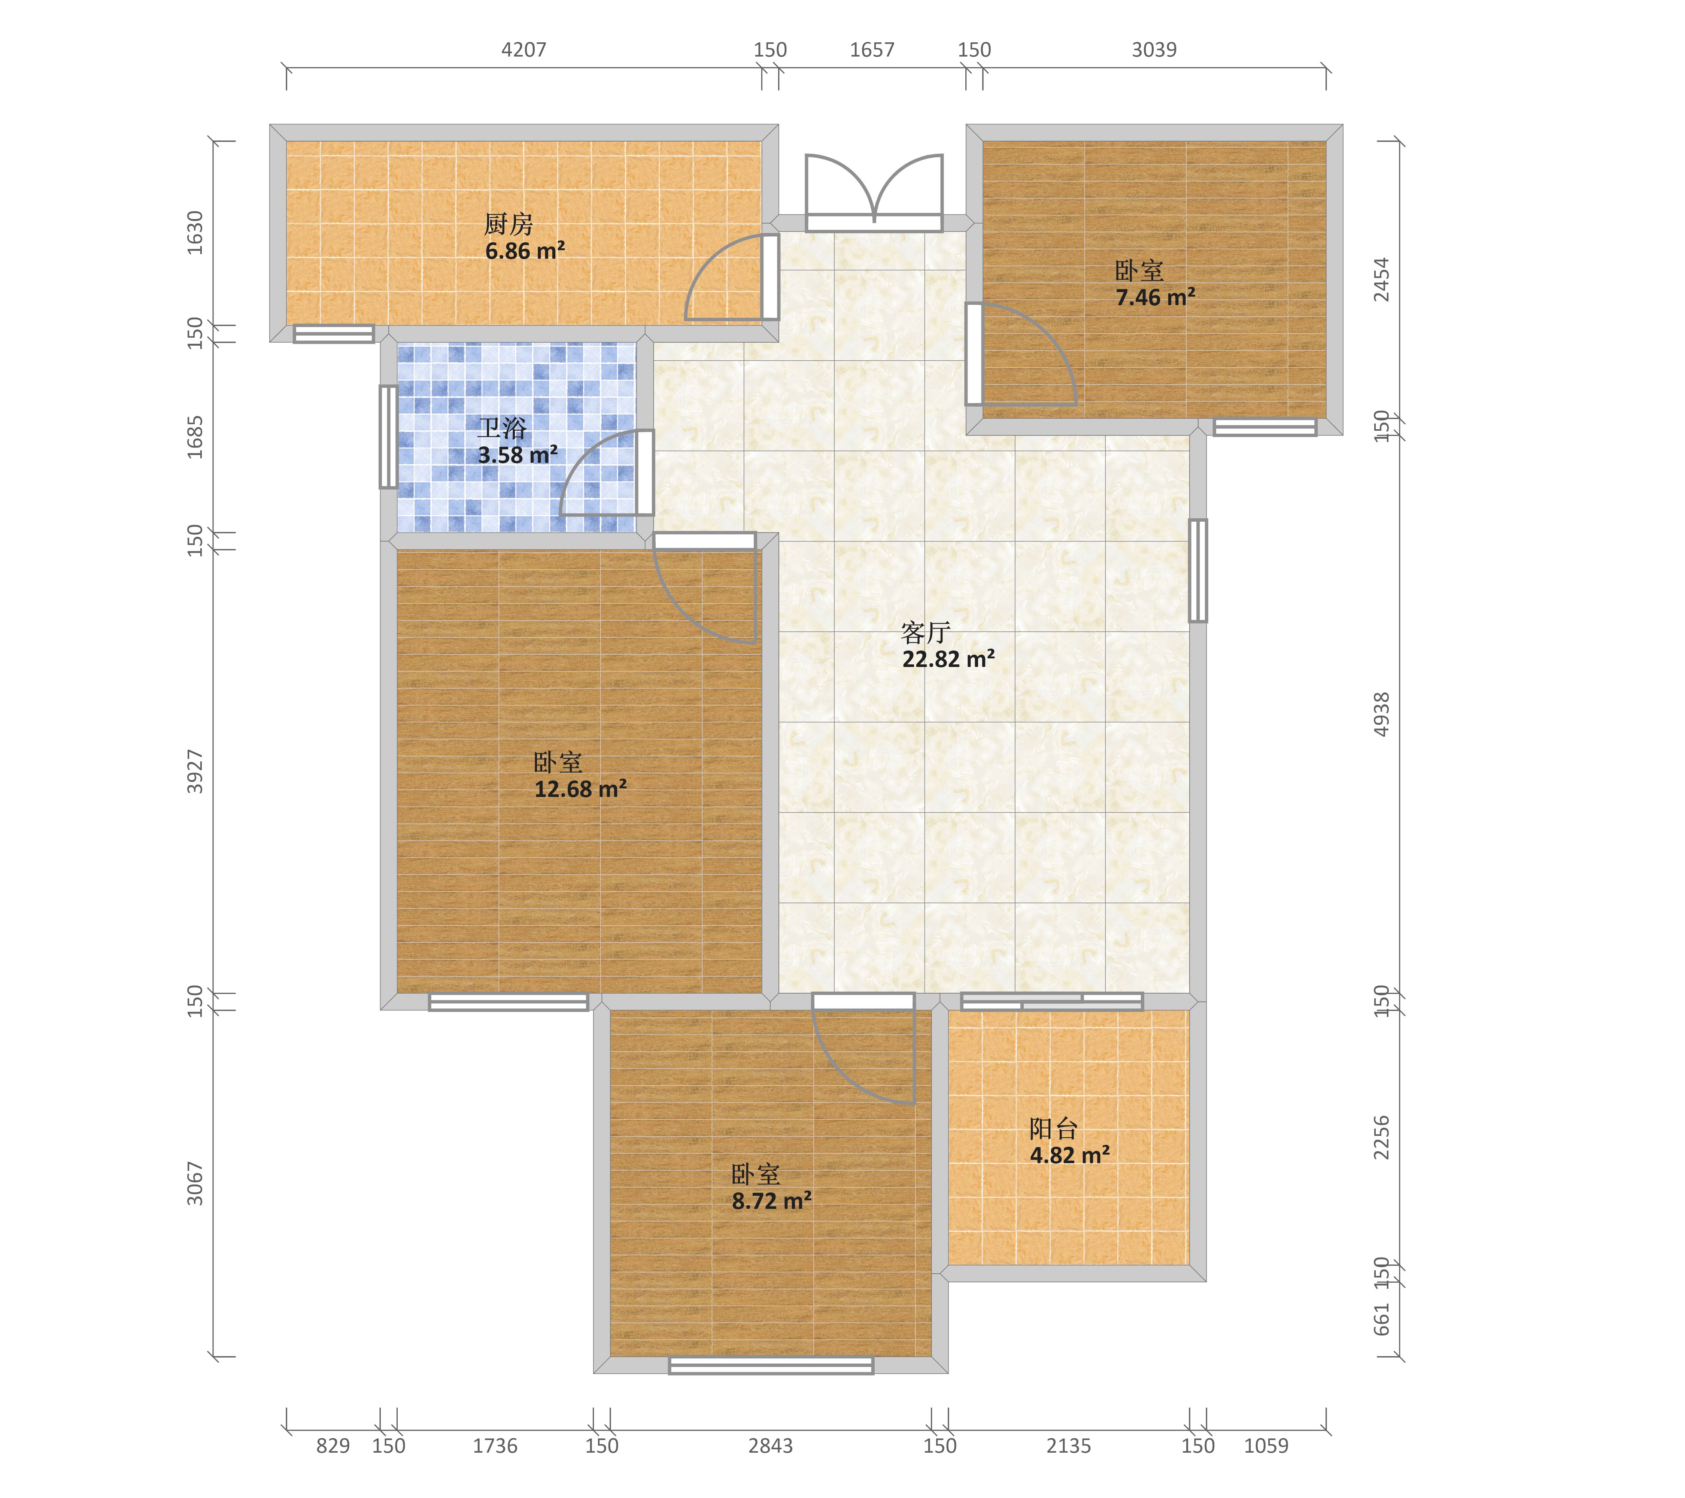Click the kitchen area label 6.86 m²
525,251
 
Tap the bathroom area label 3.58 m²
518,455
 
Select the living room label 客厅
926,633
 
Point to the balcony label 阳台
1054,1129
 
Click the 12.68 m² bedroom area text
580,789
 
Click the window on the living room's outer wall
1198,570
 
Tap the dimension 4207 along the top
524,49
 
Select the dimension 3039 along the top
1154,49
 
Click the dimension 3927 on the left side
195,772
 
